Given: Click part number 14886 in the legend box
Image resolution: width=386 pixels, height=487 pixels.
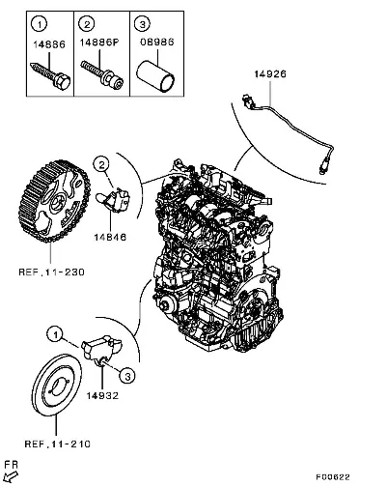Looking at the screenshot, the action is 49,44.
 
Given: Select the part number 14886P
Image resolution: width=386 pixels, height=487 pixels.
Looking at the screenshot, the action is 99,43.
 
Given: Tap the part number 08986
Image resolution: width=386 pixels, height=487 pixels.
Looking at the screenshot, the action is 157,42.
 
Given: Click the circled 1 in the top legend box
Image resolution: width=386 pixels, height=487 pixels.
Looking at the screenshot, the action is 40,24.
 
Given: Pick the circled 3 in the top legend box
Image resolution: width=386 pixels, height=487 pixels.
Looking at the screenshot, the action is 142,23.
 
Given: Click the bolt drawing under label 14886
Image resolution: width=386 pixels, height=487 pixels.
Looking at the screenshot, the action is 50,76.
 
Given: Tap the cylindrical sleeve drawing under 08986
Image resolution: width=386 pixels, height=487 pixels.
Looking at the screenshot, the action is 155,76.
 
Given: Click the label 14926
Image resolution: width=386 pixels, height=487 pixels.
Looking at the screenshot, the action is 270,74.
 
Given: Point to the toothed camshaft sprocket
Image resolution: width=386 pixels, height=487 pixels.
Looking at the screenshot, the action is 54,200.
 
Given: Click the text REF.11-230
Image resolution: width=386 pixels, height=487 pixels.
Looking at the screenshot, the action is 51,272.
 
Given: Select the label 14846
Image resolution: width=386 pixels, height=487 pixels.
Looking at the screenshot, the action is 110,238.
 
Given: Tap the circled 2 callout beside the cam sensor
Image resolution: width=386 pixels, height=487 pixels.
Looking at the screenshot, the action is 101,165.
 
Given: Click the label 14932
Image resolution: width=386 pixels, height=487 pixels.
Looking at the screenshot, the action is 102,395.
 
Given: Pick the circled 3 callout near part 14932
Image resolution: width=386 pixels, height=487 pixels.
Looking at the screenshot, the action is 127,376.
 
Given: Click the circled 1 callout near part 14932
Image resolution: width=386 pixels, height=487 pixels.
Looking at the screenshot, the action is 56,335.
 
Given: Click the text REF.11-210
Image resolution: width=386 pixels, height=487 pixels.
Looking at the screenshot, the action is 58,444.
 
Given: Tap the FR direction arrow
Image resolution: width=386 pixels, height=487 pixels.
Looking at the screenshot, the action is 12,476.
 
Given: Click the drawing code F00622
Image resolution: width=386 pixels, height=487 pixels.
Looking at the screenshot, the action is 333,476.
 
